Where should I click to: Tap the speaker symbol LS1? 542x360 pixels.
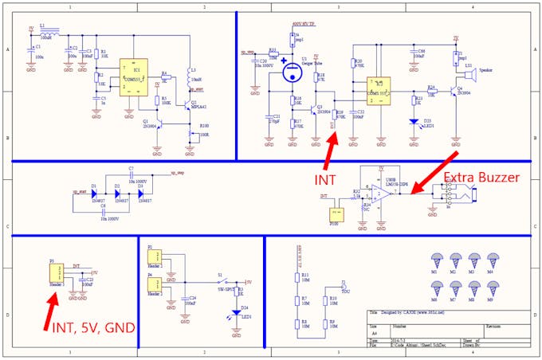[470, 76]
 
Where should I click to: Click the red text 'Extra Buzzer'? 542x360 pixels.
[481, 176]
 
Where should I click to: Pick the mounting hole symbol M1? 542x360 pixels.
[438, 260]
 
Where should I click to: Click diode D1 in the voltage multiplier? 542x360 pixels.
[93, 194]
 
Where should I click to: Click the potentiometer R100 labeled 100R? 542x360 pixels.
[194, 133]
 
